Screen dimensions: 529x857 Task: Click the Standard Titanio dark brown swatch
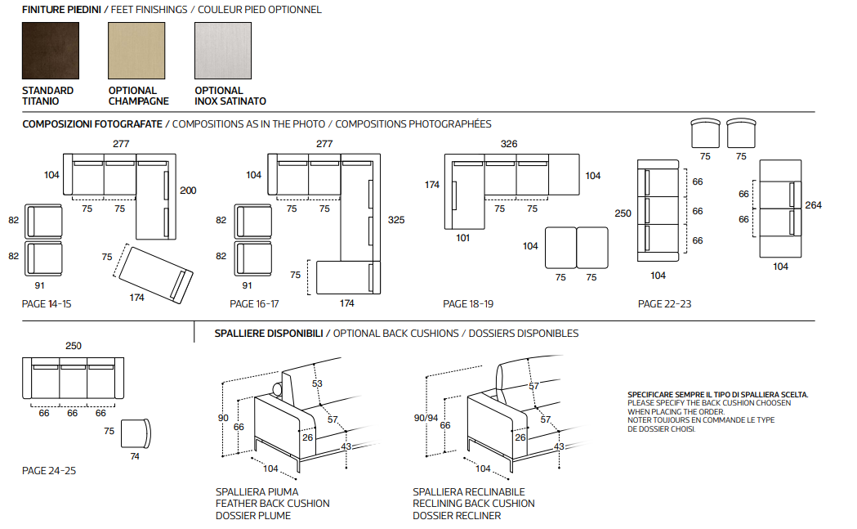[51, 50]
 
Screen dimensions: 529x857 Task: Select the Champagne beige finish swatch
[136, 50]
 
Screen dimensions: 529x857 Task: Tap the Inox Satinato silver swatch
[223, 50]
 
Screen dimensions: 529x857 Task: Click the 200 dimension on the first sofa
[188, 191]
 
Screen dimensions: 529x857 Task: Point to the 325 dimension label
[396, 220]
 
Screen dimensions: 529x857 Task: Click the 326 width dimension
[509, 144]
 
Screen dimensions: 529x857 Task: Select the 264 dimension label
[813, 205]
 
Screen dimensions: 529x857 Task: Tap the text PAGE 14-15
[47, 304]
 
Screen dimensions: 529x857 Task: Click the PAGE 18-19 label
[468, 304]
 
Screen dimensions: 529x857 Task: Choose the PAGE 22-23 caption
[664, 304]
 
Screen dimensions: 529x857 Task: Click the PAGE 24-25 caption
[48, 471]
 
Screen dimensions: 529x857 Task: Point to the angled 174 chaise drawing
[158, 272]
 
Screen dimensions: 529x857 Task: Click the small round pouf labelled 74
[135, 433]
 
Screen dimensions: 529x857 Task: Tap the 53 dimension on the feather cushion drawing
[317, 383]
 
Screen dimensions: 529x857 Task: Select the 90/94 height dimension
[426, 418]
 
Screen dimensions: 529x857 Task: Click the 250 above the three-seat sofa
[74, 346]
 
